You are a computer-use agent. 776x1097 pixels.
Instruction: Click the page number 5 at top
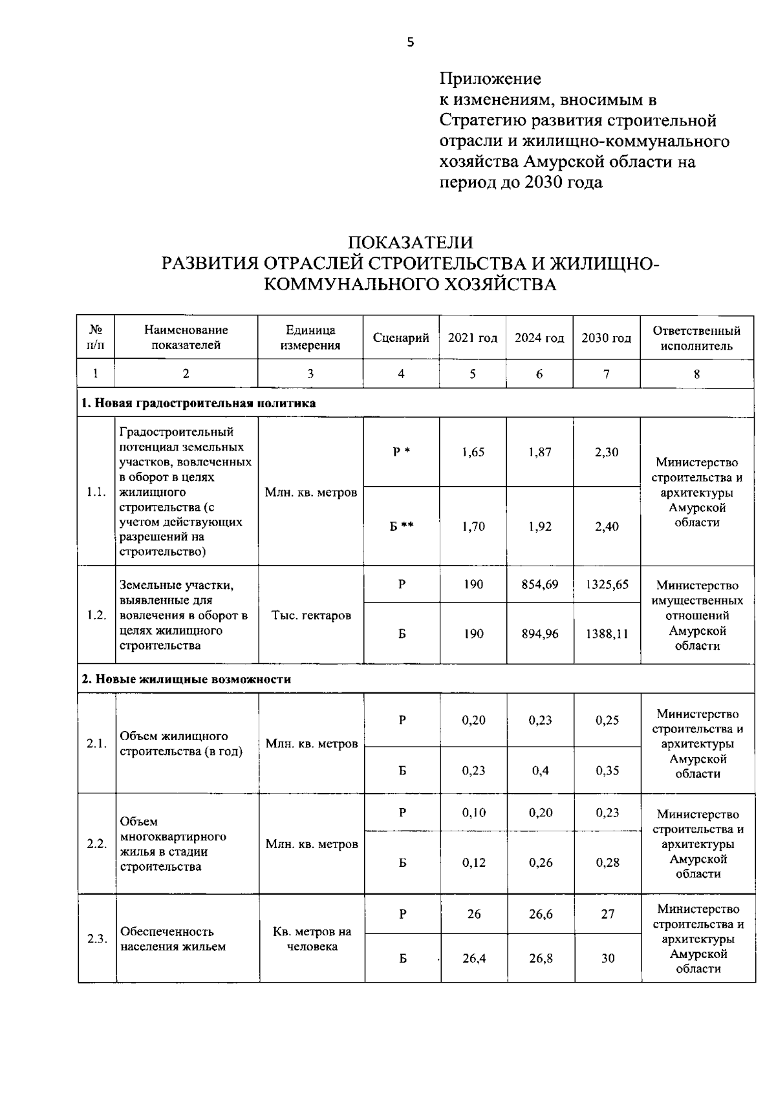pyautogui.click(x=410, y=43)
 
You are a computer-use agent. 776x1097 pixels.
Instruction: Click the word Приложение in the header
pyautogui.click(x=490, y=79)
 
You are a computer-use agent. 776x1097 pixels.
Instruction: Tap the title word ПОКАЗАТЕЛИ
pyautogui.click(x=411, y=242)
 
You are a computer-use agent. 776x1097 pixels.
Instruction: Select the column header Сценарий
pyautogui.click(x=401, y=338)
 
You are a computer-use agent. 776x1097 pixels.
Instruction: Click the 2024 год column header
pyautogui.click(x=539, y=338)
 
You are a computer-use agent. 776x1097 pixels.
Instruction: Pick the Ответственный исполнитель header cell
pyautogui.click(x=696, y=338)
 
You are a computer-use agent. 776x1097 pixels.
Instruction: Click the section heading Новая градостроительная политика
pyautogui.click(x=198, y=403)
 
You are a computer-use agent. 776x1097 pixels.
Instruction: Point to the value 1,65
pyautogui.click(x=473, y=453)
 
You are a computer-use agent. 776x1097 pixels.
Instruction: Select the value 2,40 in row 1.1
pyautogui.click(x=607, y=526)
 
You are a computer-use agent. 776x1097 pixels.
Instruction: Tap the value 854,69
pyautogui.click(x=540, y=584)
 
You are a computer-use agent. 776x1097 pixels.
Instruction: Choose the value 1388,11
pyautogui.click(x=607, y=634)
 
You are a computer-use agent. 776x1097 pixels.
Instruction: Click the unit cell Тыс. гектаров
pyautogui.click(x=311, y=615)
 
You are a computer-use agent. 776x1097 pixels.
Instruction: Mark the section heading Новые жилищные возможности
pyautogui.click(x=186, y=679)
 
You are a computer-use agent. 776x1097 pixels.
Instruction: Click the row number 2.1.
pyautogui.click(x=96, y=743)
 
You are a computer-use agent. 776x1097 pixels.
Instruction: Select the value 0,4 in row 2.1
pyautogui.click(x=540, y=771)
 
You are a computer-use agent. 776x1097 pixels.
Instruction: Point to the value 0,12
pyautogui.click(x=473, y=862)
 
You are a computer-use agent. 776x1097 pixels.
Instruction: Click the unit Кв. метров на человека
pyautogui.click(x=312, y=939)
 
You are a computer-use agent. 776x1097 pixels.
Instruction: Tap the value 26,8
pyautogui.click(x=541, y=959)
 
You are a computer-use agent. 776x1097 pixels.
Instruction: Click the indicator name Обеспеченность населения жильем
pyautogui.click(x=173, y=939)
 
